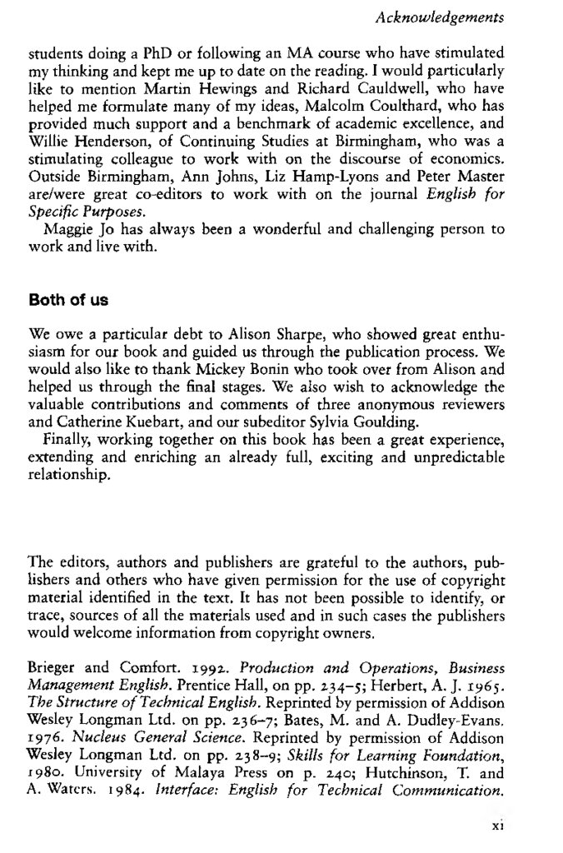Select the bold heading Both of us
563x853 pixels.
tap(66, 299)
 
